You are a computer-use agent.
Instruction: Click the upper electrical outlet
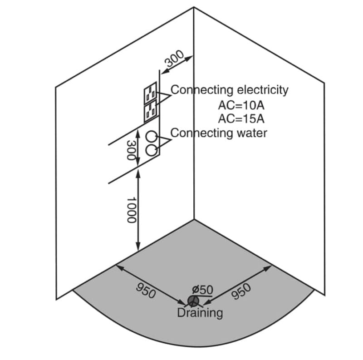151,93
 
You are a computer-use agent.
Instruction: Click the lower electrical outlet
150,112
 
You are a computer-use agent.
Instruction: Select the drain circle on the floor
192,301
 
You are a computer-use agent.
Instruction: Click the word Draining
200,313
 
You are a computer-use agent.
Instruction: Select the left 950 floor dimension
146,289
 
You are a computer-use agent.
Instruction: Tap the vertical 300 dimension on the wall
131,150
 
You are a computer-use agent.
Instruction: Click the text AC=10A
241,105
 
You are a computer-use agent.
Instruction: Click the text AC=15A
241,119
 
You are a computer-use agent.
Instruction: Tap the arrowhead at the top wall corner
191,57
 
